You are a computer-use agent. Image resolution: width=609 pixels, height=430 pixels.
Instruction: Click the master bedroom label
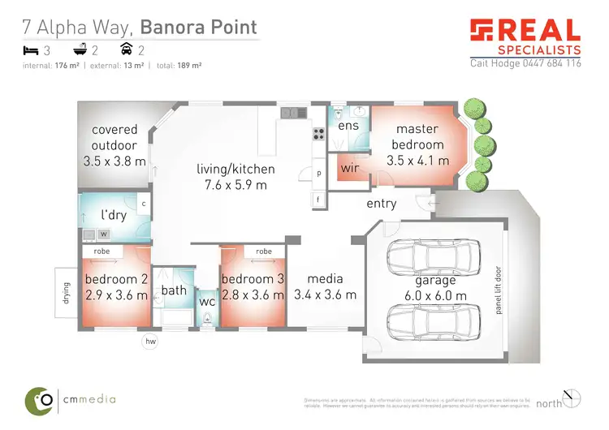point(417,136)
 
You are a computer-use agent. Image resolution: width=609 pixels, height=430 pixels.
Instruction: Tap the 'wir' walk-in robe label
point(350,168)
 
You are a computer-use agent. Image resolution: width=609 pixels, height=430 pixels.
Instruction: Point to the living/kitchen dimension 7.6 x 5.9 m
point(235,185)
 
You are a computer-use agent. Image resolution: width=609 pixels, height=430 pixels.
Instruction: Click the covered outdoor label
point(114,137)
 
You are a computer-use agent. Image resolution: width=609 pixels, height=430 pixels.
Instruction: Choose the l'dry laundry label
point(113,216)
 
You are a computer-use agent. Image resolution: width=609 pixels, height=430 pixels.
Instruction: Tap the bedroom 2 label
point(117,280)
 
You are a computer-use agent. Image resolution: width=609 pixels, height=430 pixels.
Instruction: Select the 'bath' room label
point(174,290)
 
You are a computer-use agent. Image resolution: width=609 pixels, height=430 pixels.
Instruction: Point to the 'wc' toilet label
point(208,301)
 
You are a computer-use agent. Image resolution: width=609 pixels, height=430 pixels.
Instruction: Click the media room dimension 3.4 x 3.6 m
point(325,295)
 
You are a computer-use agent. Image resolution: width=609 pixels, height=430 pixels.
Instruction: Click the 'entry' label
point(382,204)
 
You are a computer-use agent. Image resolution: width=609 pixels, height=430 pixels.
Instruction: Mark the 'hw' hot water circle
point(150,342)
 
